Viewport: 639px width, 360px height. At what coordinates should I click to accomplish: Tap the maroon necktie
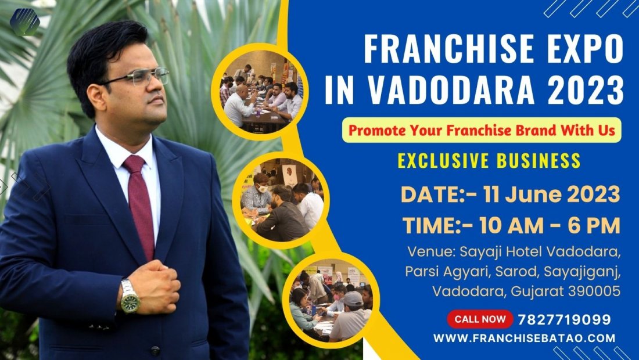(140, 203)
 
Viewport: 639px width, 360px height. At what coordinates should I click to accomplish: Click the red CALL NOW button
(480, 319)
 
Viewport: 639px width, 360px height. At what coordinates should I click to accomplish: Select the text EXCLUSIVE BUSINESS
(489, 160)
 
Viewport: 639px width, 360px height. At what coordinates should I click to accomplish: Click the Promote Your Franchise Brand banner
(482, 131)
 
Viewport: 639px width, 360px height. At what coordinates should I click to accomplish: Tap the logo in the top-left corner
(25, 22)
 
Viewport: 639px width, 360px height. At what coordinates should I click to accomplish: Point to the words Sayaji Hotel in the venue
(496, 253)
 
